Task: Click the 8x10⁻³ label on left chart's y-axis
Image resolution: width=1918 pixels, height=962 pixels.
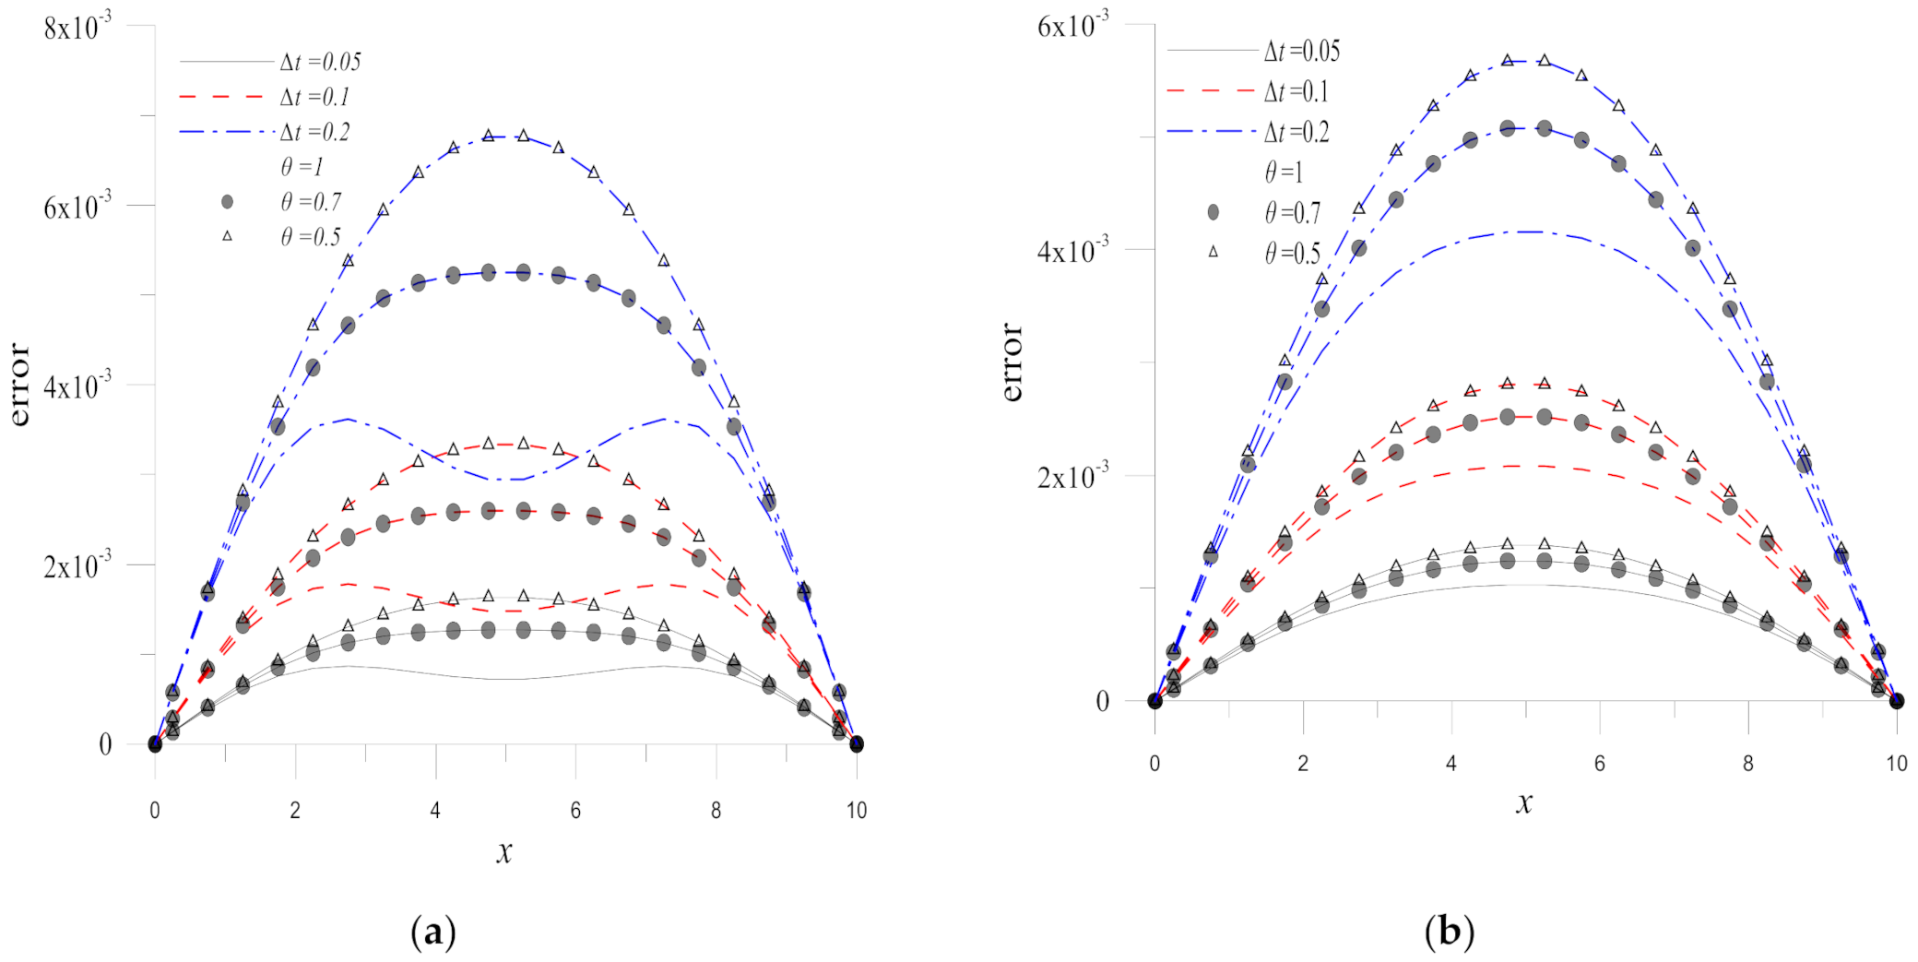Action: [x=77, y=28]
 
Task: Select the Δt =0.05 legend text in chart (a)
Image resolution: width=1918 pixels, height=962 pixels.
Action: [x=320, y=62]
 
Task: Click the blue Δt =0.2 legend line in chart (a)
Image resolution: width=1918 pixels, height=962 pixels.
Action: [x=226, y=132]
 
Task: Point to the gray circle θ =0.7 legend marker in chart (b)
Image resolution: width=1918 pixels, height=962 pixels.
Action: [x=1213, y=212]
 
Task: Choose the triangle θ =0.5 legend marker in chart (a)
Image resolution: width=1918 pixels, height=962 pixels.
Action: [x=227, y=236]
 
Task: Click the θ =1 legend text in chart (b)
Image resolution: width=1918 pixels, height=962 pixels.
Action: [x=1284, y=172]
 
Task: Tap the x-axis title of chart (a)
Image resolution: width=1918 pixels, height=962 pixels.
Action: [x=503, y=850]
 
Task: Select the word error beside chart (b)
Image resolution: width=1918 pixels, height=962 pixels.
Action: [x=1012, y=362]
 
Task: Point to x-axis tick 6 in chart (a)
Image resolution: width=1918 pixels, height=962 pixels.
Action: [x=575, y=810]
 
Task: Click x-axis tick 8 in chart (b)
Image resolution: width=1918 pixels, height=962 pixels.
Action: [x=1747, y=764]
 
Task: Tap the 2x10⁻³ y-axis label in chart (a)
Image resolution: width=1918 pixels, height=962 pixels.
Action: [x=77, y=565]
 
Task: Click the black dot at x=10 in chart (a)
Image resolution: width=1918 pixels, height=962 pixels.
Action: [x=857, y=743]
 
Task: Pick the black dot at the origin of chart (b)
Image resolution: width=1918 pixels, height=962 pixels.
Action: [x=1154, y=701]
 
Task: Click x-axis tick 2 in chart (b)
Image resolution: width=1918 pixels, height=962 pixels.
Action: [x=1303, y=764]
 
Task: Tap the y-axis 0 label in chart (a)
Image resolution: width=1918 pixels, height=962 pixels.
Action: [x=105, y=744]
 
